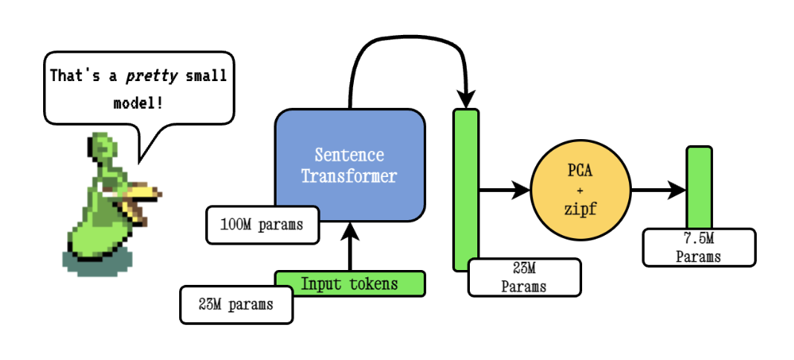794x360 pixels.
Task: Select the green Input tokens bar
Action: click(x=349, y=283)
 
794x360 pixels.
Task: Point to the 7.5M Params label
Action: click(x=698, y=248)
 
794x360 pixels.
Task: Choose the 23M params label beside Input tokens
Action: click(x=236, y=305)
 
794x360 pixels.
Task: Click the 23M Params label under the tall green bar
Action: click(x=524, y=277)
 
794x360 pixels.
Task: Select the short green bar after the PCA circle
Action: click(x=699, y=186)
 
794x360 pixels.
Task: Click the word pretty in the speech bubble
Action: click(x=140, y=76)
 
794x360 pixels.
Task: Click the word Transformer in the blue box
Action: click(x=349, y=177)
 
